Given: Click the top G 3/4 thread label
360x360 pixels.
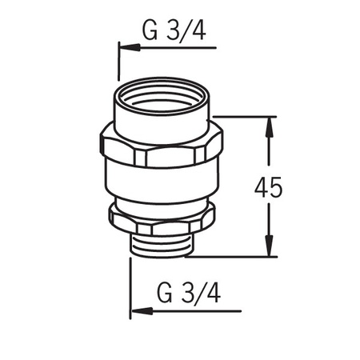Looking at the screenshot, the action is pos(174,30).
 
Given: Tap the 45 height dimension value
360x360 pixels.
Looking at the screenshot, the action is pos(268,187).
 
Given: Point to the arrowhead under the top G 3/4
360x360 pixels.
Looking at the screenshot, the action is pos(130,48).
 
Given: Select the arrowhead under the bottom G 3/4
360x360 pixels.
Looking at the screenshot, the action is pos(142,311).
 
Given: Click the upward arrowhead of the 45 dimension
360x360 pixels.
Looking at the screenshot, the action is pos(270,127).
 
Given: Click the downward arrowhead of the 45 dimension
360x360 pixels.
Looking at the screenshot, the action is pos(270,246).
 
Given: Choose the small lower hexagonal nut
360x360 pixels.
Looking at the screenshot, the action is pos(162,220).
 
